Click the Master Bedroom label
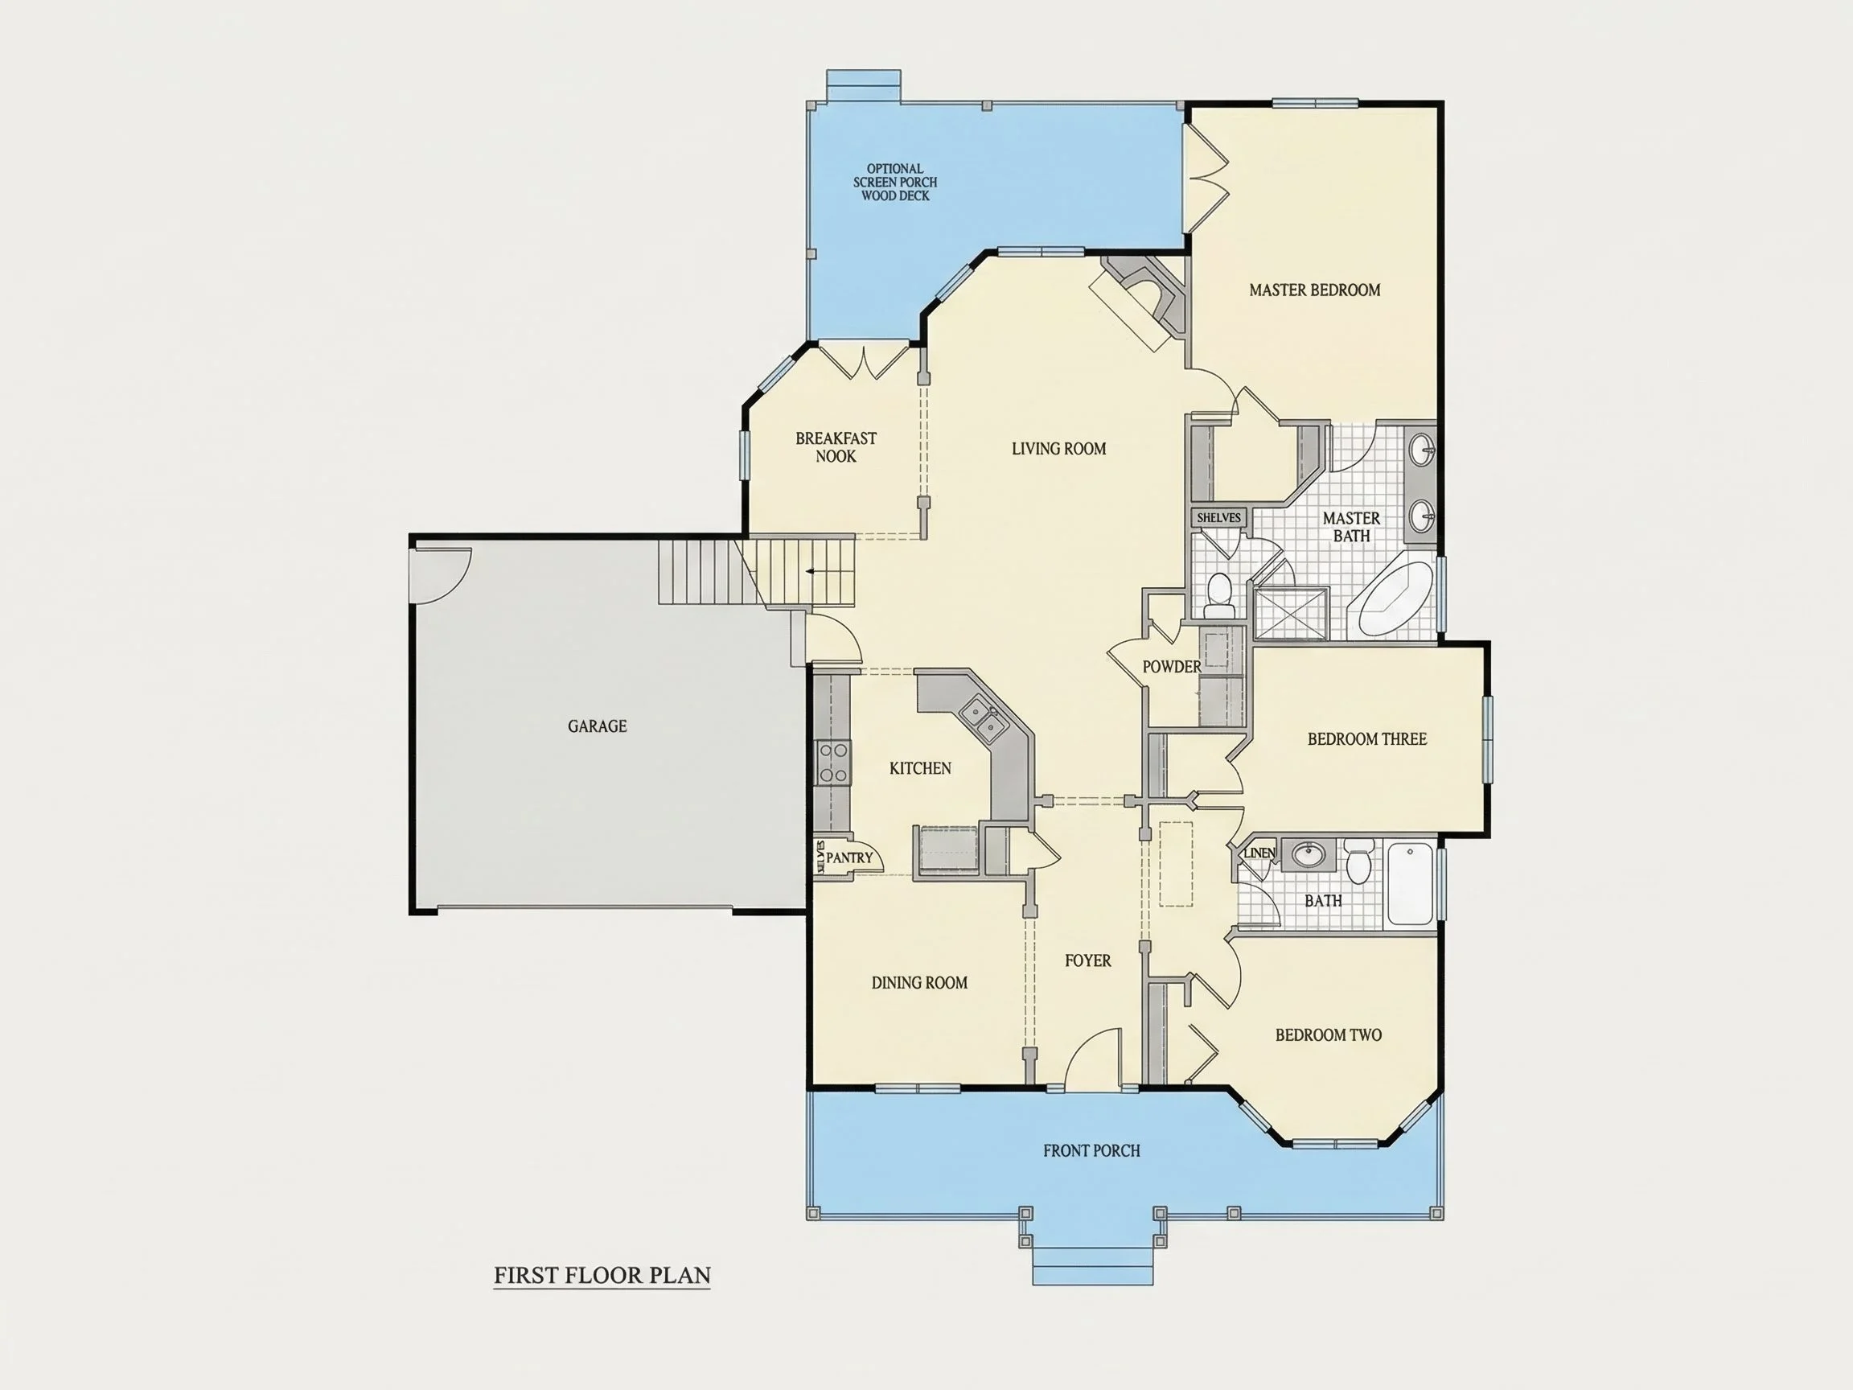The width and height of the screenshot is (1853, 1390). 1314,290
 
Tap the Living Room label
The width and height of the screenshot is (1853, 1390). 1059,448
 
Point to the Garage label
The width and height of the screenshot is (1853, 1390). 598,726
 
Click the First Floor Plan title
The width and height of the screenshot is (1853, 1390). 602,1274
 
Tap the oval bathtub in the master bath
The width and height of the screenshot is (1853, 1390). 1395,598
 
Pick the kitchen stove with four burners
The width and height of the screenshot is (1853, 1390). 832,763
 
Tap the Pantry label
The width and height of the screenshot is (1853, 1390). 849,857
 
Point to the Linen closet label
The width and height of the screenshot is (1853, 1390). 1260,853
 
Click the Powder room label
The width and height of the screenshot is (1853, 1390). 1171,666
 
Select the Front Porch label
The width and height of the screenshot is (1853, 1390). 1091,1150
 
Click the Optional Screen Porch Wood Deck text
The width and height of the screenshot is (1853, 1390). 895,182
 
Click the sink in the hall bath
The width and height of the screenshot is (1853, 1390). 1307,854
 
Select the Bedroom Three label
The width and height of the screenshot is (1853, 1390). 1367,739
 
